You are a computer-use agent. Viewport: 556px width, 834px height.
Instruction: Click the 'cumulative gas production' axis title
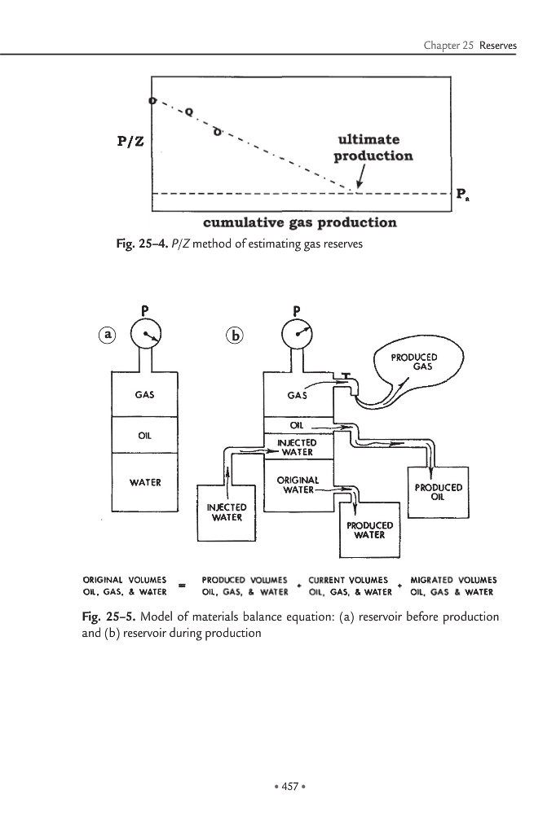(x=299, y=222)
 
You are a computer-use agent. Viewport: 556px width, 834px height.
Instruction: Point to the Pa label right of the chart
(x=462, y=194)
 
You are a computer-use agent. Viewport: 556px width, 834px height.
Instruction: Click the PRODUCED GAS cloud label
(x=414, y=362)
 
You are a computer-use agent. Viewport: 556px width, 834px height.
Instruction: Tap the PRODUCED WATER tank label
(x=370, y=530)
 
